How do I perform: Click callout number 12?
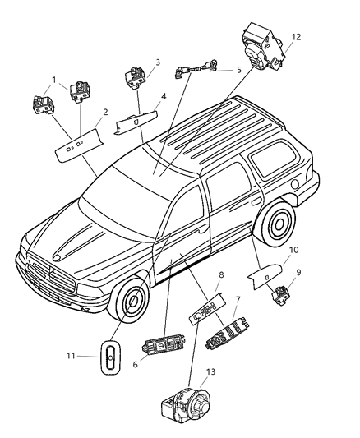(296, 36)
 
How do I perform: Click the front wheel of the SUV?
(132, 304)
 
